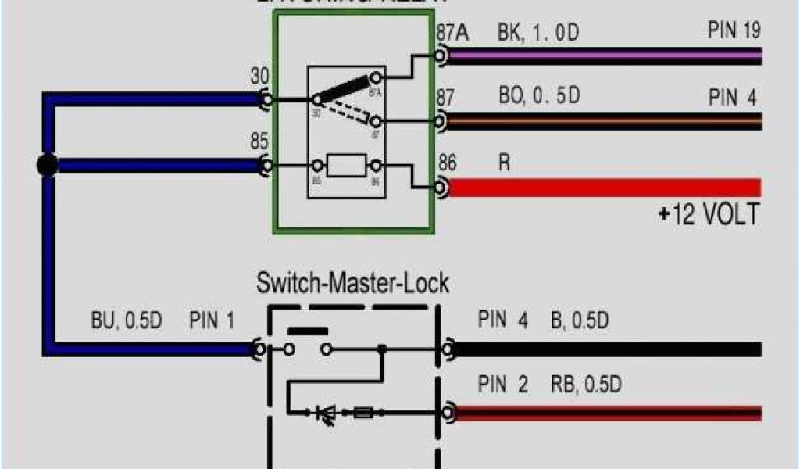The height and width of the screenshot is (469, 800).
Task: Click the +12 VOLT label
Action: coord(709,213)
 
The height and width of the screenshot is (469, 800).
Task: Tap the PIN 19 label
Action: coord(734,30)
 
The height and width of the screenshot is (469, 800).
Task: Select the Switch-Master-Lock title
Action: coord(352,282)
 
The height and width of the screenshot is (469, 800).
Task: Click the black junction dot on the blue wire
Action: coord(47,165)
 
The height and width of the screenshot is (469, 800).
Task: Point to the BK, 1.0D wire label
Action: coord(539,33)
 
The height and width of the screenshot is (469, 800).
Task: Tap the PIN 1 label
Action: coord(211,321)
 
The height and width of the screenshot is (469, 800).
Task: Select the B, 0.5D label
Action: coord(579,320)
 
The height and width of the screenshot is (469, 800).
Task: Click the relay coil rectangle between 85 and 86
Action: coord(347,166)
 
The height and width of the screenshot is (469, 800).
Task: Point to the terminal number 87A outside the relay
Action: coord(452,33)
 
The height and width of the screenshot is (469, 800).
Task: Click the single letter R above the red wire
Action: coord(504,163)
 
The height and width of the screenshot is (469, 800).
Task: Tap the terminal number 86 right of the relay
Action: coord(447,163)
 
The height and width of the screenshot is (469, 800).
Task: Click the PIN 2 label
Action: coord(502,385)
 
